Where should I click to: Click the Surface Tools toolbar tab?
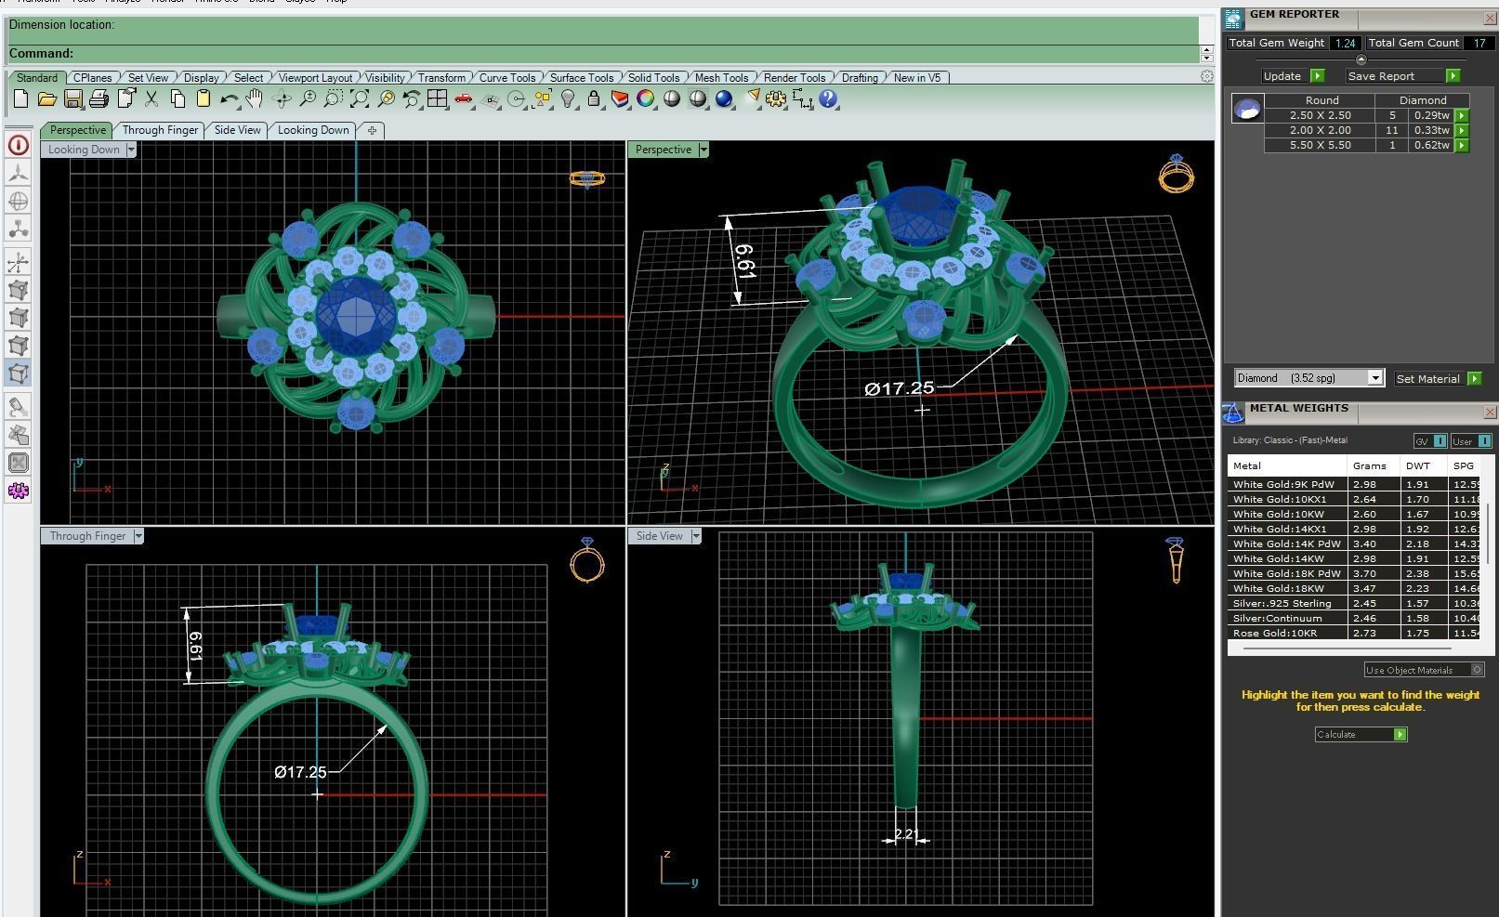pos(581,78)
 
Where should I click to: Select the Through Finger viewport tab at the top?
pos(160,130)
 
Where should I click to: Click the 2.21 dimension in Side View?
pos(906,834)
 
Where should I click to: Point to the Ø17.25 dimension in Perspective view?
pos(899,388)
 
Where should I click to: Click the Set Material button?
pos(1428,379)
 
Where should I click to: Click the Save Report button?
pos(1381,76)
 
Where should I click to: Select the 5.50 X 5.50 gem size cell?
pos(1320,145)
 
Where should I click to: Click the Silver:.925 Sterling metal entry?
pos(1282,603)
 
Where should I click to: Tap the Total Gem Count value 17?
pos(1479,43)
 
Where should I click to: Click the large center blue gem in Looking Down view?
pos(353,314)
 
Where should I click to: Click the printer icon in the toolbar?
pos(99,99)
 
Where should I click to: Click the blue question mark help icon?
pos(828,99)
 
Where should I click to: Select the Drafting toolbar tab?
pos(860,78)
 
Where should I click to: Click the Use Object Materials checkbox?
pos(1477,670)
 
